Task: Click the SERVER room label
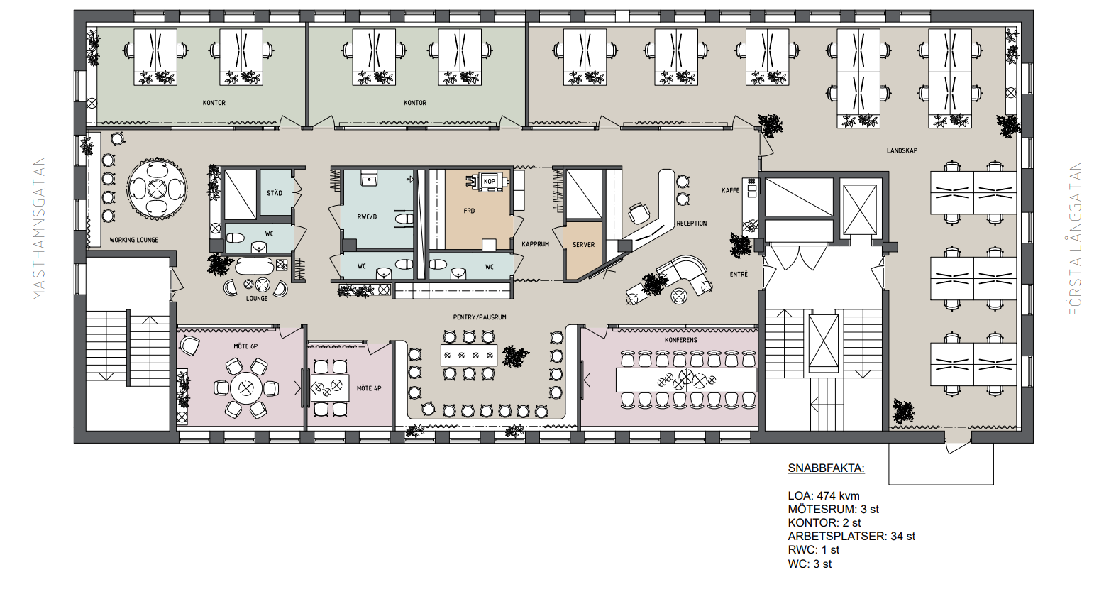[583, 244]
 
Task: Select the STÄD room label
[275, 193]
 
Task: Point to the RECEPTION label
[692, 224]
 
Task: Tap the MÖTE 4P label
[369, 388]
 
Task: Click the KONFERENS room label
[681, 339]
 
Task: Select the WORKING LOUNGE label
[134, 240]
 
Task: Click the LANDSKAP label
[902, 150]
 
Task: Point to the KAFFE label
[731, 190]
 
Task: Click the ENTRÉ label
[739, 274]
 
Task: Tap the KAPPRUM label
[535, 244]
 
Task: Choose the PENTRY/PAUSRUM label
[480, 317]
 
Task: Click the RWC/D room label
[367, 216]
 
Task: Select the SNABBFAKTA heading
[827, 468]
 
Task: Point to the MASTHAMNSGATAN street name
[39, 228]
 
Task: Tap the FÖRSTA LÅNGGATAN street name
[1075, 238]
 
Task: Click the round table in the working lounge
[158, 187]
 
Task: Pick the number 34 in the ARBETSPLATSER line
[897, 537]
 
